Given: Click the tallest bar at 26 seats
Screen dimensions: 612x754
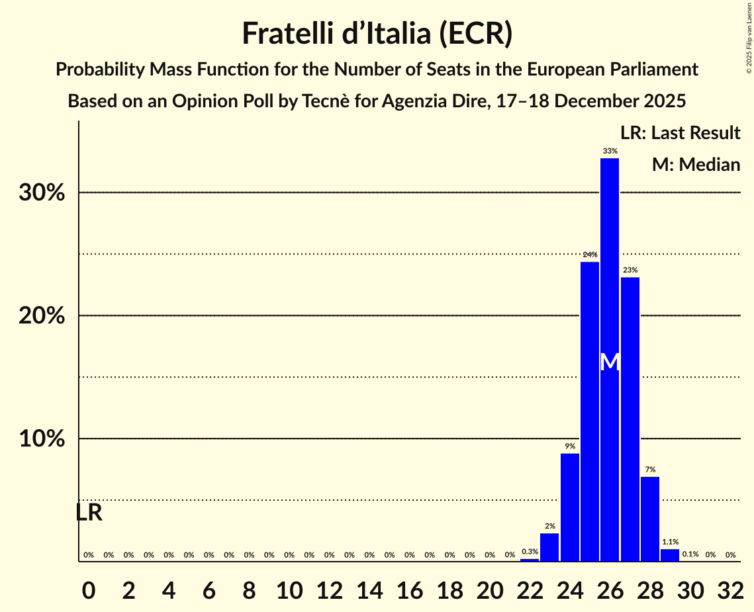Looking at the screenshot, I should pyautogui.click(x=610, y=278).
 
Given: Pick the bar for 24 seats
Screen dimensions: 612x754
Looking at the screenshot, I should pyautogui.click(x=570, y=507).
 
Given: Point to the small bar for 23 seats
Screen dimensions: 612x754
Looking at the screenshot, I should pyautogui.click(x=549, y=547).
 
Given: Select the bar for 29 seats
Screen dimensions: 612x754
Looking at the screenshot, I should pyautogui.click(x=670, y=555).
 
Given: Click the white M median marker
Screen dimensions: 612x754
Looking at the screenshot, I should pyautogui.click(x=610, y=362).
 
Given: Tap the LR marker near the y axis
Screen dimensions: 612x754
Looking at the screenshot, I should pyautogui.click(x=89, y=513).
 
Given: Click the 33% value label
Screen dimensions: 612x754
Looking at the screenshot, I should pyautogui.click(x=610, y=151).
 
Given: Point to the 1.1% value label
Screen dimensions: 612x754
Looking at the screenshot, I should pyautogui.click(x=670, y=542).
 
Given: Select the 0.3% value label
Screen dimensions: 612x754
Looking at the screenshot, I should pyautogui.click(x=530, y=552).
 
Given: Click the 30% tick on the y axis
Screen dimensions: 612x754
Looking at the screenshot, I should pyautogui.click(x=42, y=193).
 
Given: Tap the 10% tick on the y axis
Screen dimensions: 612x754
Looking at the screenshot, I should pyautogui.click(x=42, y=439).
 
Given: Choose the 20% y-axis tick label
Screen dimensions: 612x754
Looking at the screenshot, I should pyautogui.click(x=42, y=316).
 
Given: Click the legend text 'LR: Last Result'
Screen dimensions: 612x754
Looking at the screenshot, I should pyautogui.click(x=680, y=133).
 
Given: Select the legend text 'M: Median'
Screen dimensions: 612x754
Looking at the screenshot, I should pyautogui.click(x=696, y=165).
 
